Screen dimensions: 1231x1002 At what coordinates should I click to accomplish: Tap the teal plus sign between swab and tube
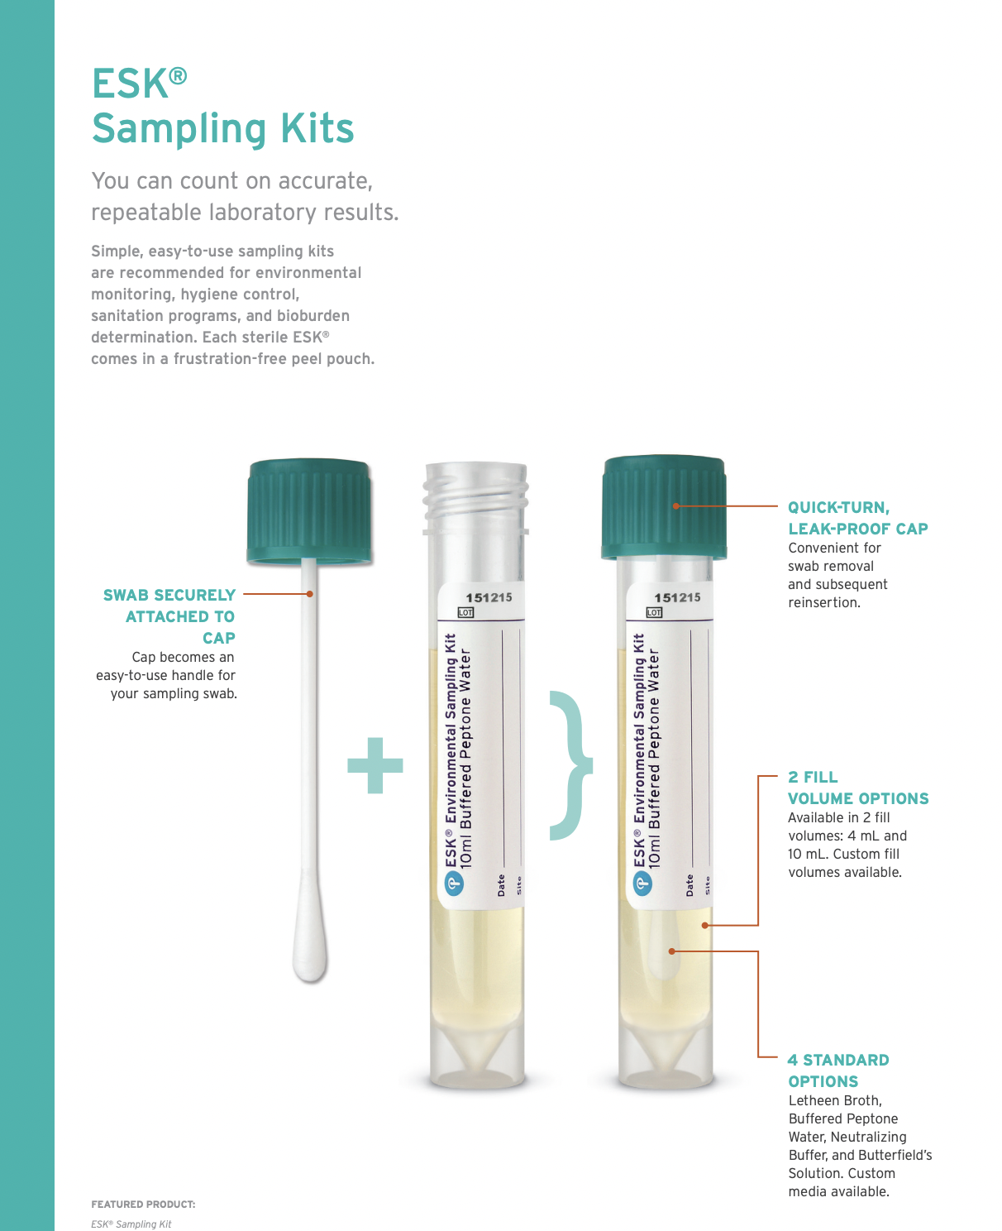375,765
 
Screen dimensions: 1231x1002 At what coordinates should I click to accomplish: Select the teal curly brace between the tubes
571,765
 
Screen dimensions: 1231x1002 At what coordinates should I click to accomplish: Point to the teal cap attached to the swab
309,510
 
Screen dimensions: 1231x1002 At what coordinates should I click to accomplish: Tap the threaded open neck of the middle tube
475,496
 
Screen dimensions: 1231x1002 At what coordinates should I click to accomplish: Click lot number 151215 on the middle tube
489,597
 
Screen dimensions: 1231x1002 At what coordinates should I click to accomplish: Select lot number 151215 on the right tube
677,597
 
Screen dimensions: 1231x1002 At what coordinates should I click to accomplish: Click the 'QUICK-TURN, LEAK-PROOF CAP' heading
857,518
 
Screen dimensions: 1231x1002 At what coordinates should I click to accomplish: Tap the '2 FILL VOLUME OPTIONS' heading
857,788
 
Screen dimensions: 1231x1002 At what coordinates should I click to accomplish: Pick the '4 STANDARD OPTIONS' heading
837,1071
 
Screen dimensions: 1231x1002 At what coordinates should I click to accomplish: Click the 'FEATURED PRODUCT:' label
143,1205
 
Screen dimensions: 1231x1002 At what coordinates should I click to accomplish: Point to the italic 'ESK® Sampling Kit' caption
131,1224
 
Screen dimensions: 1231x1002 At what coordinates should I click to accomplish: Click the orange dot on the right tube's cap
675,505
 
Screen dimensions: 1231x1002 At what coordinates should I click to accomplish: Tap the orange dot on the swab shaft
310,594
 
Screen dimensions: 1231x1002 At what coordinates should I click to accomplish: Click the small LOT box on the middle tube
465,613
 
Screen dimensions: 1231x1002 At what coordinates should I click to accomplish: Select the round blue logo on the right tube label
642,884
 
